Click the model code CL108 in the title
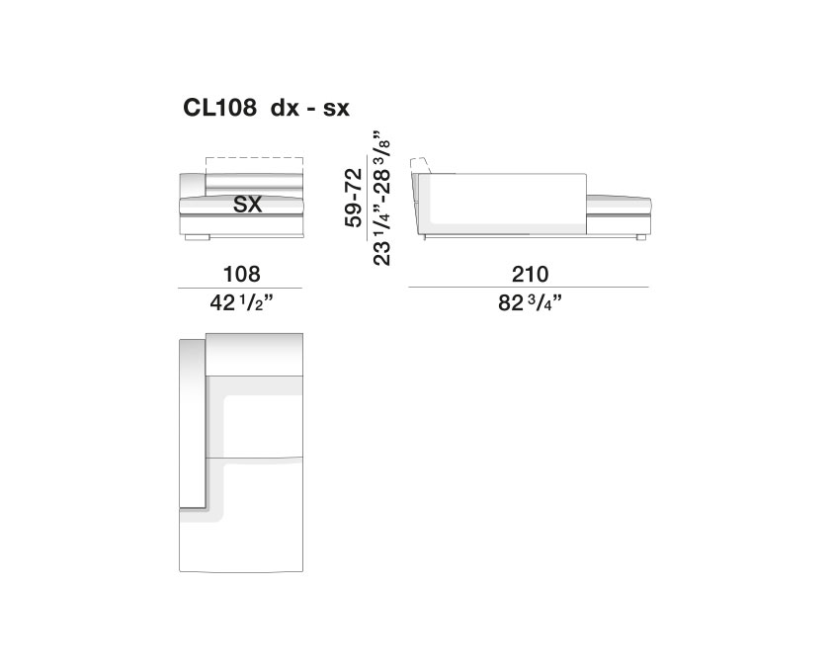pos(219,108)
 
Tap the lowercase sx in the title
pos(336,109)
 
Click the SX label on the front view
pos(248,204)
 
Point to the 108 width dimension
pos(242,275)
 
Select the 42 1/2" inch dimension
pos(241,303)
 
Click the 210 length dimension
pos(530,275)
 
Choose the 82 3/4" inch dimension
pos(530,303)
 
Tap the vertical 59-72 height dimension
pos(354,198)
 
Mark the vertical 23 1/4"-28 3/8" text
pos(382,197)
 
